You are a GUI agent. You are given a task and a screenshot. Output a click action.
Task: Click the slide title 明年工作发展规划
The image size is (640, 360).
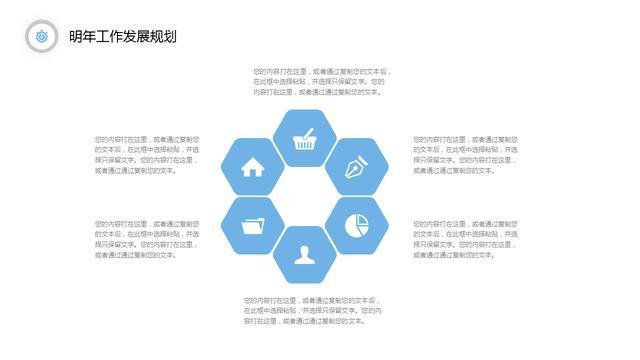coord(123,37)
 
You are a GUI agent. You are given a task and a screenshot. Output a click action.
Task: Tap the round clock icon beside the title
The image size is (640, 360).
coord(41,36)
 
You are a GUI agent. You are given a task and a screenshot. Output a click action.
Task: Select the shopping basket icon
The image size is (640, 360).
coord(306,139)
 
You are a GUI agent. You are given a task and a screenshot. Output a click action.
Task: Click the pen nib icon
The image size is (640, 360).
coord(357,167)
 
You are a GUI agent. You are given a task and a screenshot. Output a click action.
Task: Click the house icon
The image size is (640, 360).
coord(253,167)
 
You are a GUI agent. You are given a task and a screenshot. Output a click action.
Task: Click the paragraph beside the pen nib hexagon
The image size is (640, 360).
coord(465,155)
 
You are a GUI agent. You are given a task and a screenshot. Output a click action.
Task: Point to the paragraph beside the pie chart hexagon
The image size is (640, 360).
coord(465,239)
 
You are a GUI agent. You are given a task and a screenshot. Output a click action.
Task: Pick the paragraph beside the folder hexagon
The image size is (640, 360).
coord(146,239)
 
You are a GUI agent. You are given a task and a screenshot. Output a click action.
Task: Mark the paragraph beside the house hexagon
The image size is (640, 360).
coord(146,155)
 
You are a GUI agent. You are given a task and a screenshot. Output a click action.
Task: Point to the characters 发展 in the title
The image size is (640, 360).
coord(137,37)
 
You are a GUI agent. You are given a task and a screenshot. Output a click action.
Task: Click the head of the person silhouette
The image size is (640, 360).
coord(305,249)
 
